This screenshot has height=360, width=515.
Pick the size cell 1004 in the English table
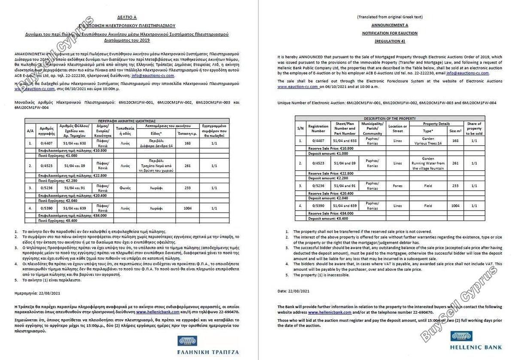[455, 206]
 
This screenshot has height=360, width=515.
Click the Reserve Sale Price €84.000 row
[328, 213]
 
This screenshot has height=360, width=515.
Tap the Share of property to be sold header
[474, 128]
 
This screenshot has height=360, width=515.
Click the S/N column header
[300, 128]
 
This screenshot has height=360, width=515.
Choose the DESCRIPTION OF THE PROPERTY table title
[389, 118]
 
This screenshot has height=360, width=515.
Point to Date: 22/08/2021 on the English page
[293, 291]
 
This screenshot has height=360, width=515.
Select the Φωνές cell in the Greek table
[125, 188]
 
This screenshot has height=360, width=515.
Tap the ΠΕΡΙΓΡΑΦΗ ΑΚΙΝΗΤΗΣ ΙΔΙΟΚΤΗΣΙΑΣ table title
[126, 121]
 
